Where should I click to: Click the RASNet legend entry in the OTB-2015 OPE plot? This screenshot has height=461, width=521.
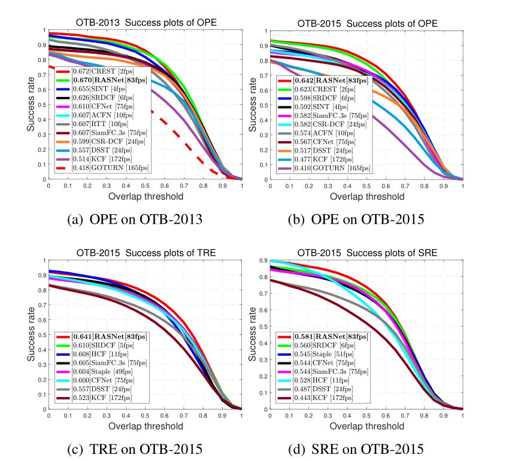(x=328, y=80)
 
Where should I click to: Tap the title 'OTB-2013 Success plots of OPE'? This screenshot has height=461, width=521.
(x=146, y=23)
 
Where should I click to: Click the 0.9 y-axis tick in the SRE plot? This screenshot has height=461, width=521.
(x=261, y=260)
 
